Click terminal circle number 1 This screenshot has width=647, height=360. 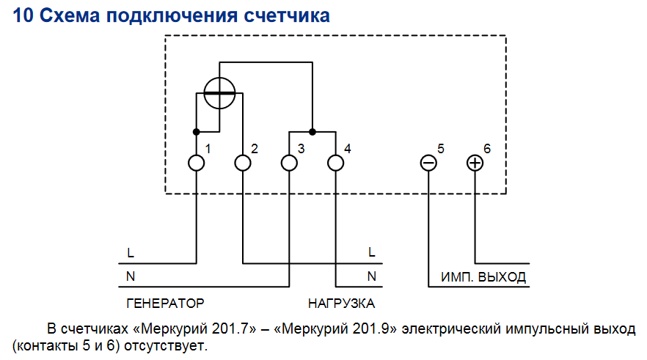pyautogui.click(x=197, y=163)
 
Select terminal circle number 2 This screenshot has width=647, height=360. pyautogui.click(x=243, y=163)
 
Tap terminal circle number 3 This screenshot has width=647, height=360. pyautogui.click(x=289, y=163)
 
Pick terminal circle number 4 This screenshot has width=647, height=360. pyautogui.click(x=335, y=163)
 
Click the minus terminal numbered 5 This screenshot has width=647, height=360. pyautogui.click(x=428, y=163)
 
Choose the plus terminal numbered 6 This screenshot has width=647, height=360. pyautogui.click(x=475, y=163)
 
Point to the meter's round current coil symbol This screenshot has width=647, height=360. pyautogui.click(x=219, y=93)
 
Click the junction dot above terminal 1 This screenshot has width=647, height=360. pyautogui.click(x=197, y=132)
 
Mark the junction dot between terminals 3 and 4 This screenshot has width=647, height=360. pyautogui.click(x=312, y=132)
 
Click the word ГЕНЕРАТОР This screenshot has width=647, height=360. pyautogui.click(x=165, y=304)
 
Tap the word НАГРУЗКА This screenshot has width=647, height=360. pyautogui.click(x=341, y=304)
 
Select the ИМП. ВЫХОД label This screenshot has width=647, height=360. pyautogui.click(x=483, y=276)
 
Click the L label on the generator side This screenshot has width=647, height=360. pyautogui.click(x=131, y=252)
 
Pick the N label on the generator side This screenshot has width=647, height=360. pyautogui.click(x=131, y=276)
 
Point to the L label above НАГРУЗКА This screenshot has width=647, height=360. pyautogui.click(x=372, y=252)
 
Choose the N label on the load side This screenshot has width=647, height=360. pyautogui.click(x=372, y=276)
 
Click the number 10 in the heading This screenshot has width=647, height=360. pyautogui.click(x=23, y=15)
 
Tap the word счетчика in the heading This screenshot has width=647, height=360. pyautogui.click(x=287, y=16)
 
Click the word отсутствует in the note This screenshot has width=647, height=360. pyautogui.click(x=166, y=345)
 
